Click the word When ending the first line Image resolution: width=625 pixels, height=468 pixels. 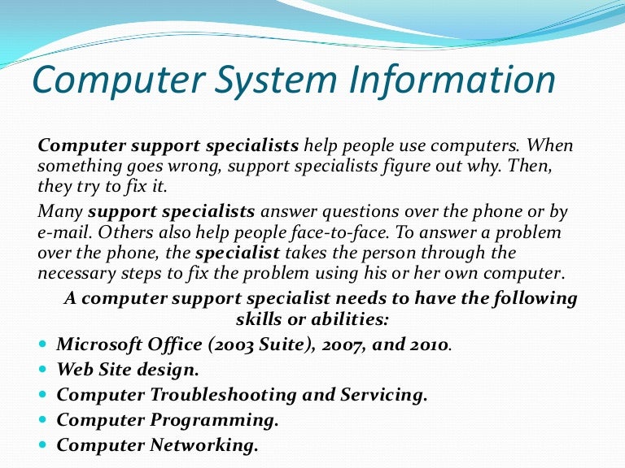[550, 146]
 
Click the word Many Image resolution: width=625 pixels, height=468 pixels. [60, 212]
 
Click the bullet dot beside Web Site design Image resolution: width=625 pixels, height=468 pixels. [43, 370]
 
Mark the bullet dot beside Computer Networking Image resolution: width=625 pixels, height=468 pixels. [43, 445]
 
